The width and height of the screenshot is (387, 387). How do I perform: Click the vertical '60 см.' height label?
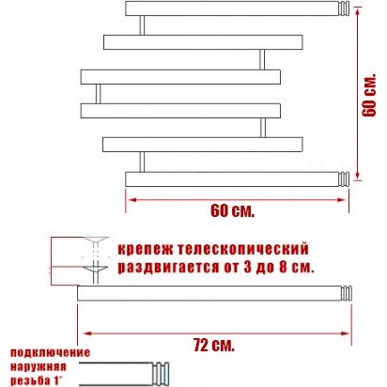(x=369, y=96)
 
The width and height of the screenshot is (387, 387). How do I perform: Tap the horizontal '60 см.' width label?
(x=232, y=210)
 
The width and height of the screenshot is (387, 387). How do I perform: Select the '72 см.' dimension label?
(x=213, y=345)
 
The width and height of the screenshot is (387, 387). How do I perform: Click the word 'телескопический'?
(x=243, y=250)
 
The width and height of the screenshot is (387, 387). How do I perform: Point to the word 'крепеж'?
(x=145, y=250)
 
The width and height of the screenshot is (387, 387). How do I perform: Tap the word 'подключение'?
(x=50, y=353)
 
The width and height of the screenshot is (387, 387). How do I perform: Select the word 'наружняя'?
(x=39, y=366)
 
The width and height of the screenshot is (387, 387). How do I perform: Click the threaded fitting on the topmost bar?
(x=344, y=8)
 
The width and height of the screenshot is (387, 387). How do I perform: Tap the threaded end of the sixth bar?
(x=344, y=179)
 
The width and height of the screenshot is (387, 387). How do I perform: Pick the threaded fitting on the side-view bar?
(x=347, y=293)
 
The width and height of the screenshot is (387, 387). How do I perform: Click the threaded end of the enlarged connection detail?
(x=161, y=374)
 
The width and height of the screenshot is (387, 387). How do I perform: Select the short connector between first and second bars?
(x=142, y=25)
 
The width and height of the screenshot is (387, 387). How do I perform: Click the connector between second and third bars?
(x=262, y=59)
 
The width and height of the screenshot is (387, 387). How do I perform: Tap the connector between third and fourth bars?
(x=98, y=94)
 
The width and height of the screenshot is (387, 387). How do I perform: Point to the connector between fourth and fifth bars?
(x=263, y=128)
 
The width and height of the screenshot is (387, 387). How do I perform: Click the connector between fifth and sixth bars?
(x=142, y=162)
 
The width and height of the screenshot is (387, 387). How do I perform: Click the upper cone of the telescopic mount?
(x=96, y=240)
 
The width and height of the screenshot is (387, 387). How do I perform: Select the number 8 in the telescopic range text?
(x=283, y=268)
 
